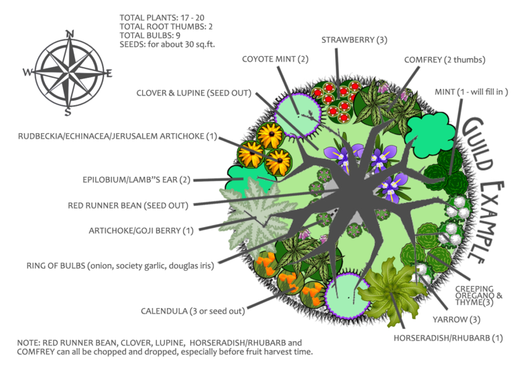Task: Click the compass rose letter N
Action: (x=69, y=34)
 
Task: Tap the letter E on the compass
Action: (x=107, y=73)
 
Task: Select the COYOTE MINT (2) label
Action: (x=275, y=59)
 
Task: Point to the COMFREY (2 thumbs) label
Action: (x=444, y=60)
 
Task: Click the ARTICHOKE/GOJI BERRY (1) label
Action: (x=141, y=230)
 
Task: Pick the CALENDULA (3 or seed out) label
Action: (x=192, y=311)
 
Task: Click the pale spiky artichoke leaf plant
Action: (x=251, y=210)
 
